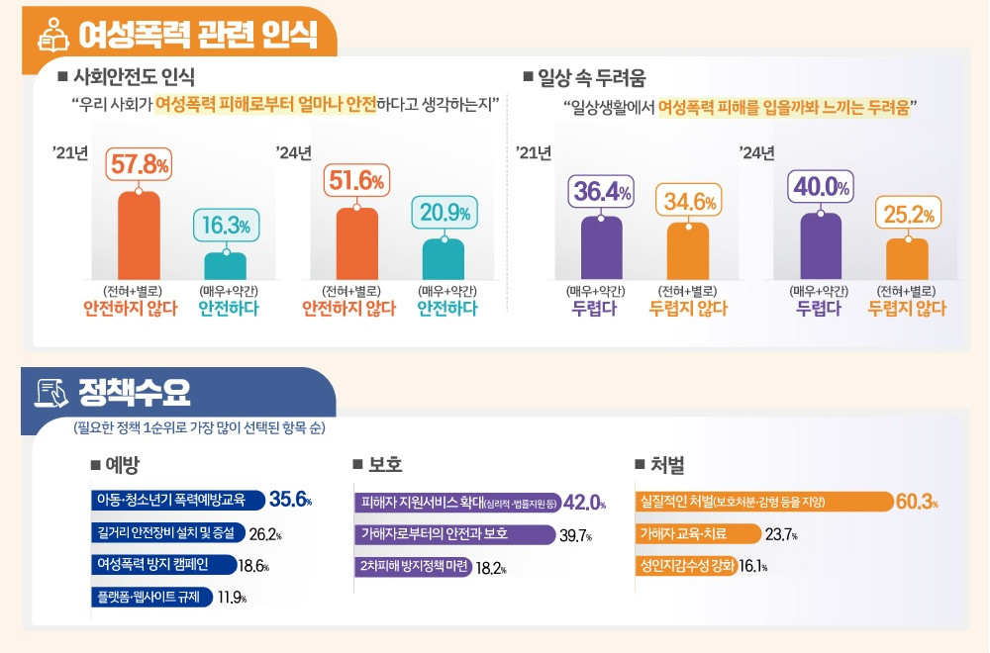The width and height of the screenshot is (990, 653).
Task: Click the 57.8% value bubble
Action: [139, 163]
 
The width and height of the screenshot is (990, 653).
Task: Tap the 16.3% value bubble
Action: [227, 226]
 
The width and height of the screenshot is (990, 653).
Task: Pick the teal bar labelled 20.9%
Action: [444, 259]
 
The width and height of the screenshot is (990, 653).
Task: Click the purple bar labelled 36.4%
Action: [601, 247]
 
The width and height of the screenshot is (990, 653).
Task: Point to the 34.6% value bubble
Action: [689, 202]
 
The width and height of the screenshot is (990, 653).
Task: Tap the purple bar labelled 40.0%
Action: [821, 246]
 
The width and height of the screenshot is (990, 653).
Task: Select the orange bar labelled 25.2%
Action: [907, 258]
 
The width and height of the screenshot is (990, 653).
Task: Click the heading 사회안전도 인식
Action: [134, 76]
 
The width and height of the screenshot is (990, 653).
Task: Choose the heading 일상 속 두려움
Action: [591, 76]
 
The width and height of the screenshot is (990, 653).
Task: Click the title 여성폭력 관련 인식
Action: [199, 37]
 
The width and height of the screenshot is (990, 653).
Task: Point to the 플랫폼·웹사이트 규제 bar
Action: [148, 597]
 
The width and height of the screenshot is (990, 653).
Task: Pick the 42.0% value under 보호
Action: [584, 503]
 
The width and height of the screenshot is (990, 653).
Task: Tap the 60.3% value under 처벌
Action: [916, 502]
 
